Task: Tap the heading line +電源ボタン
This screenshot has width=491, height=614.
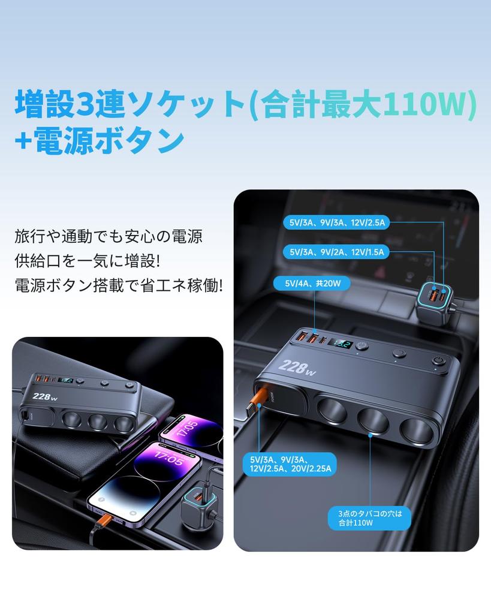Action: tap(100, 141)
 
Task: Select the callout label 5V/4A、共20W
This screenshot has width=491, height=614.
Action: tap(312, 283)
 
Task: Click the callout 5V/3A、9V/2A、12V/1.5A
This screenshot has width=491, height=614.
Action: tap(336, 252)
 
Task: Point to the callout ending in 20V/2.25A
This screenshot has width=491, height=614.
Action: tap(290, 464)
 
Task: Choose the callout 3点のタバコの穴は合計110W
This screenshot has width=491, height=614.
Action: tap(369, 517)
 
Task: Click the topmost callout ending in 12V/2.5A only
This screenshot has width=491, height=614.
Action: tap(336, 222)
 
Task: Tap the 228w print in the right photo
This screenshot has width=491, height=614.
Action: tap(297, 368)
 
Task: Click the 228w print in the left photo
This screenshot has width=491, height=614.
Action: tap(44, 396)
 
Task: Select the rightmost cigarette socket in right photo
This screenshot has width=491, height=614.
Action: tap(416, 431)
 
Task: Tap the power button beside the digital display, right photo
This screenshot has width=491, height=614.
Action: tap(362, 346)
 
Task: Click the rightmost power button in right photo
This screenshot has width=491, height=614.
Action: tap(437, 360)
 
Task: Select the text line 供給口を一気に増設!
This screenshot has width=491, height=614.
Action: tap(88, 261)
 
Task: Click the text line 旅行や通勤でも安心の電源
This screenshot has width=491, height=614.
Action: tap(109, 236)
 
